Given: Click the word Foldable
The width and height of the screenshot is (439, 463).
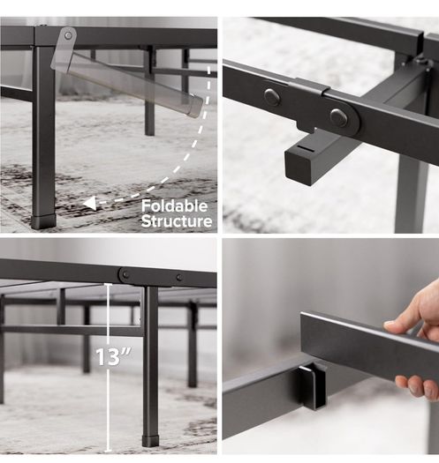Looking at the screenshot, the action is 174,206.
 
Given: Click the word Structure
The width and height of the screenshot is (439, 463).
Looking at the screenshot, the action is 177,220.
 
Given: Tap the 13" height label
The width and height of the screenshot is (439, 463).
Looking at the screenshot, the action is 114,356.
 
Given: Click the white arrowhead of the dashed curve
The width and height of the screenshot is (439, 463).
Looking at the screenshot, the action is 90,204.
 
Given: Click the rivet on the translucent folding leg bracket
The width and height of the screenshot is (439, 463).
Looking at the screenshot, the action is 68,36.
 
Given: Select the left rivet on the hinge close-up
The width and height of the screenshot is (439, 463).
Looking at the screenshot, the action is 272,97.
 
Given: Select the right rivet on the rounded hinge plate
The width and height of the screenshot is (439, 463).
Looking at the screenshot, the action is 338,117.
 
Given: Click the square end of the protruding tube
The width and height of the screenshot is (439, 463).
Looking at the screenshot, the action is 299,166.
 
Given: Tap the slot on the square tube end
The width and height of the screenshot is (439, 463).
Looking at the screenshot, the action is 305,147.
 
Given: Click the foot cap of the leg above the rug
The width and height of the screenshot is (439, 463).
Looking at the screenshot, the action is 43,221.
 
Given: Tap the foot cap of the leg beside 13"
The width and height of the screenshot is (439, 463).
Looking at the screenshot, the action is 150,441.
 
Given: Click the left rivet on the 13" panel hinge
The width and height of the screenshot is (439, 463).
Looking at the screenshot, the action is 125,274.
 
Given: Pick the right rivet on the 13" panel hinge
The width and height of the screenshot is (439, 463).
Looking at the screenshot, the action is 179,277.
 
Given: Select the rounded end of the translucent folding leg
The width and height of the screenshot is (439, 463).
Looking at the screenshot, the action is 195,106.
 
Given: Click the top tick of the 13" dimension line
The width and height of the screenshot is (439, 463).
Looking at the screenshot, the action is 109,284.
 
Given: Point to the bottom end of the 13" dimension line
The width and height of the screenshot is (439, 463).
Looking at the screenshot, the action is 109,451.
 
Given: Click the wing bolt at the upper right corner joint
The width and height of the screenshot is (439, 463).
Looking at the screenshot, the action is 421,62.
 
